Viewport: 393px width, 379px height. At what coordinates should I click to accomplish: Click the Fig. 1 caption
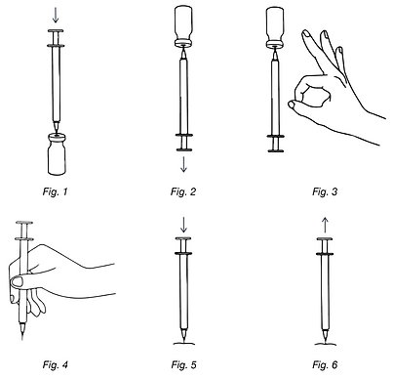55,191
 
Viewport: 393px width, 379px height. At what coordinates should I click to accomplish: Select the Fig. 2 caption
183,191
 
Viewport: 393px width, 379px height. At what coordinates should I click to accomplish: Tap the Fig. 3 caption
325,191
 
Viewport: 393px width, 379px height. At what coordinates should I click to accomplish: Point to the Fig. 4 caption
55,364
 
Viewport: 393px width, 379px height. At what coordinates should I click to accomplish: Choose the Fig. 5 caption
183,364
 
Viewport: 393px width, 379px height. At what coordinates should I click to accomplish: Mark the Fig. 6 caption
325,364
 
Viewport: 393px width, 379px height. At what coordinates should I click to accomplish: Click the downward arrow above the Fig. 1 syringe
56,15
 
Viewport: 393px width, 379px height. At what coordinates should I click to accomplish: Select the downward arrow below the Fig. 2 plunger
183,164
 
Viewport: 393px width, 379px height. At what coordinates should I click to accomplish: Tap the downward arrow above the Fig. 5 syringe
183,225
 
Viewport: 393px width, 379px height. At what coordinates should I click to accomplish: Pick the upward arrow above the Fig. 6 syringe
325,226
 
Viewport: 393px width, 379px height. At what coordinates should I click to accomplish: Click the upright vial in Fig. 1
57,153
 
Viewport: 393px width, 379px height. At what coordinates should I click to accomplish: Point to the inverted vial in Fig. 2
183,26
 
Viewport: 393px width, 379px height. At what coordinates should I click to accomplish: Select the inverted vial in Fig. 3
275,26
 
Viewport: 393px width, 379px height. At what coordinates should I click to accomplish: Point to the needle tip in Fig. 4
22,340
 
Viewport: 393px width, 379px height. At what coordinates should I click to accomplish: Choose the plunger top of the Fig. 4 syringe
24,223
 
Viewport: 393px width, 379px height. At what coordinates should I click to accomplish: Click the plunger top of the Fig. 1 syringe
56,31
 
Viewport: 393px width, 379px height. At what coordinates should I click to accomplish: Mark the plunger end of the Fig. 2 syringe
184,149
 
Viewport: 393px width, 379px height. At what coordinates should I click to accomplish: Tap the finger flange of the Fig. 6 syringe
325,253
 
